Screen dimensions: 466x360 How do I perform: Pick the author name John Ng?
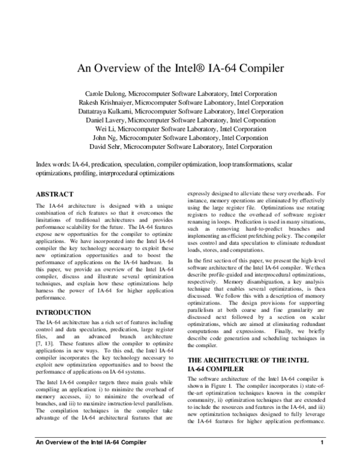click(117, 138)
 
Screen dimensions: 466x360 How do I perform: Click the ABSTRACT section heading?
click(55, 195)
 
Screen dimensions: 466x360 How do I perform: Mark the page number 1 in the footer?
click(322, 460)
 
